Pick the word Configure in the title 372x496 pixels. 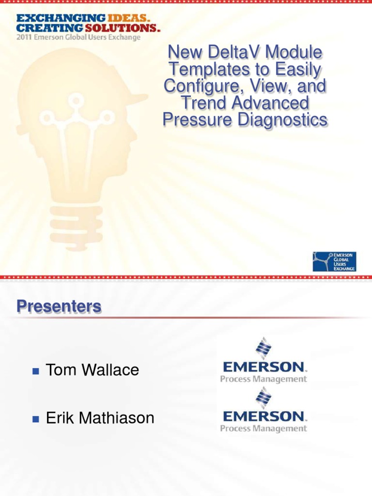coord(199,86)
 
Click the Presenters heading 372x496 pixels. coord(59,306)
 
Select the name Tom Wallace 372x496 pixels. coord(92,370)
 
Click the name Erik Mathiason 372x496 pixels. coord(100,418)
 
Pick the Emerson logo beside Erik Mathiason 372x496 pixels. coord(264,411)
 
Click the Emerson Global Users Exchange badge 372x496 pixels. coord(334,261)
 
